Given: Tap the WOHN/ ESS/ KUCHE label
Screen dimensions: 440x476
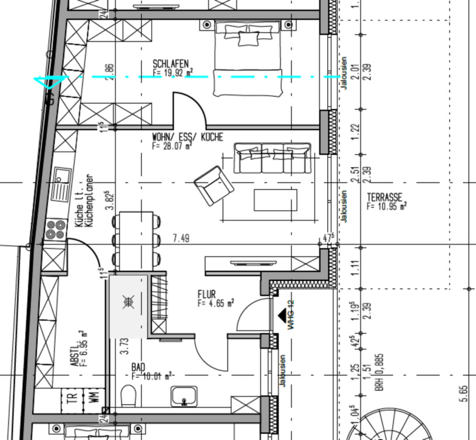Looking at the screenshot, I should pyautogui.click(x=187, y=137).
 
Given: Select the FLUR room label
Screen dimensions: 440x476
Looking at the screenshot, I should pyautogui.click(x=207, y=294).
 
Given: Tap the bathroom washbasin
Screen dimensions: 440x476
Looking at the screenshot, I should pyautogui.click(x=185, y=397).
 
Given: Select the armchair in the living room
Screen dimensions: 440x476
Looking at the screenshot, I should pyautogui.click(x=213, y=185).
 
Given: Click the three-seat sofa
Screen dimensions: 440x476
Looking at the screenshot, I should pyautogui.click(x=272, y=158).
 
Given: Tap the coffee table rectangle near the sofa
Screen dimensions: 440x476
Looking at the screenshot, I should pyautogui.click(x=275, y=199).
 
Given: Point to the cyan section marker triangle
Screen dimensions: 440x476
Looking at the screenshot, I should pyautogui.click(x=45, y=83).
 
